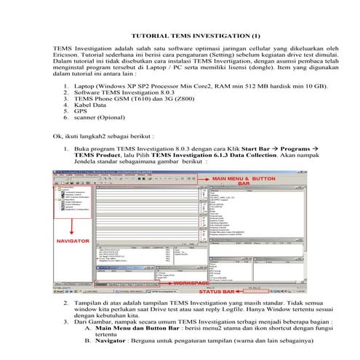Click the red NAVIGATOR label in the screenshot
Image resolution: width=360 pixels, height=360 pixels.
click(x=75, y=239)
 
